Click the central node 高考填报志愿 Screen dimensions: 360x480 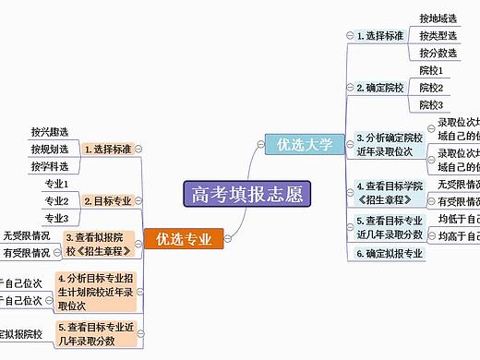point(246,194)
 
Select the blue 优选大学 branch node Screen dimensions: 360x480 point(299,143)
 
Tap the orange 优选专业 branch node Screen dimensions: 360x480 point(184,239)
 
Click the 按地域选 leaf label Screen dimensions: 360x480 point(438,18)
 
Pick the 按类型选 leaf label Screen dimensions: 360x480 point(438,36)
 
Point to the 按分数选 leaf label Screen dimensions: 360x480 point(438,54)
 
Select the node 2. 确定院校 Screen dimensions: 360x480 point(380,88)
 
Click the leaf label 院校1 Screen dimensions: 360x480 point(431,70)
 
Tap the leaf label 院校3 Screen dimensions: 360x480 point(431,105)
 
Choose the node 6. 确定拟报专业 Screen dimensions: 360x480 point(390,253)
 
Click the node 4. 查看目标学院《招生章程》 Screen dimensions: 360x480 point(389,193)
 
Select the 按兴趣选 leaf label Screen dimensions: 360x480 point(49,132)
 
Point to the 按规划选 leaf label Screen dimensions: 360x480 point(49,149)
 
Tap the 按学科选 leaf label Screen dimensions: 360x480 point(49,166)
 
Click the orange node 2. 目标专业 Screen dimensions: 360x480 point(108,200)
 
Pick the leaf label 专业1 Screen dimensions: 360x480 point(57,184)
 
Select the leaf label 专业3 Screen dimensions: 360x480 point(57,218)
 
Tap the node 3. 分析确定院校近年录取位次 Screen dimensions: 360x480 point(389,144)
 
